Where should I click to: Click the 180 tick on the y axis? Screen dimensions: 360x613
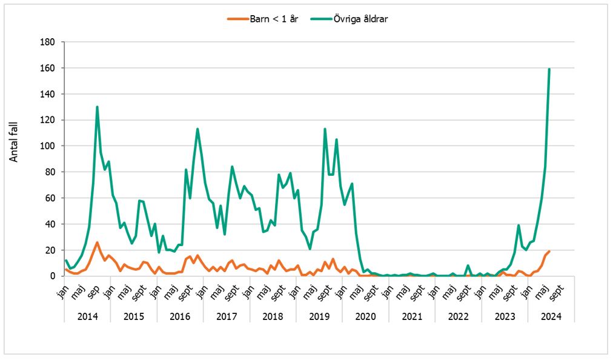48,42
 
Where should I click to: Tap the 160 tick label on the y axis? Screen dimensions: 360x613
48,68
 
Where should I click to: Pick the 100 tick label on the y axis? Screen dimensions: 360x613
48,146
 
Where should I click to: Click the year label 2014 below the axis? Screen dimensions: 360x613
87,316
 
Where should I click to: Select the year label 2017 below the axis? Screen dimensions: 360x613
227,316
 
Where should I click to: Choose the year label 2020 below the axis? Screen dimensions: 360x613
365,316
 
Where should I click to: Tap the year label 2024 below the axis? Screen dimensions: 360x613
551,316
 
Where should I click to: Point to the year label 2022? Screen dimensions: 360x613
458,316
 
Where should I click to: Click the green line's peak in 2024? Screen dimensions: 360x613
549,69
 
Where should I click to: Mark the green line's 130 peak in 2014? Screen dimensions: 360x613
97,107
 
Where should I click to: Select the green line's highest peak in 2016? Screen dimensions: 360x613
197,129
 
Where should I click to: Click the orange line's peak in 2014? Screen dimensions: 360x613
97,242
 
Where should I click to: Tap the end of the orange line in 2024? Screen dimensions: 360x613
549,251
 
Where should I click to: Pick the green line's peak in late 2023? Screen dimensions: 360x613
519,225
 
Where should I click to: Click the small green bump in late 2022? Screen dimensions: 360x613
468,265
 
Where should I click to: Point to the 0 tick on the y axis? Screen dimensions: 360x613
53,276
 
